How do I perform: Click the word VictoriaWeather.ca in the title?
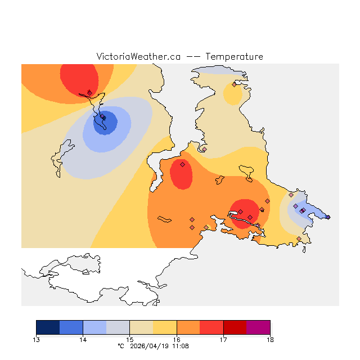138,57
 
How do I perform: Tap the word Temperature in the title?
234,57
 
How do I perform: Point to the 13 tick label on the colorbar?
37,339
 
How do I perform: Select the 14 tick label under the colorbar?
83,339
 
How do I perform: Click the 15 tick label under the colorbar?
130,339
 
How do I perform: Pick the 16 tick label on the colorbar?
177,339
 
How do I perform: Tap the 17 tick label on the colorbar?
223,339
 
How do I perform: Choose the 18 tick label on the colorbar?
270,339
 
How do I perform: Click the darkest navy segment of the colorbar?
48,327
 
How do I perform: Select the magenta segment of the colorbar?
258,327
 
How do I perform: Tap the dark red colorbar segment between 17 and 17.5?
235,327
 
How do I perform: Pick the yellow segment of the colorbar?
165,327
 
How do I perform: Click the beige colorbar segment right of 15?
142,327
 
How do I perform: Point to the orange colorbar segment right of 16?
188,327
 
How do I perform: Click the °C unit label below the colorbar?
120,346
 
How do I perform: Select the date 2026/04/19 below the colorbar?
150,346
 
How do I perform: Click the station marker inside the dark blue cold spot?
103,118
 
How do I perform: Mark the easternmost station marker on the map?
328,217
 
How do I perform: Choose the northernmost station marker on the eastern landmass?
234,84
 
